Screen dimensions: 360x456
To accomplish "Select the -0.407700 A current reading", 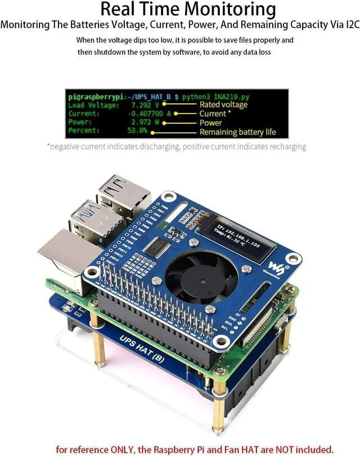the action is click(x=147, y=113).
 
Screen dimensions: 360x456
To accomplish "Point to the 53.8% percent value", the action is click(x=137, y=131).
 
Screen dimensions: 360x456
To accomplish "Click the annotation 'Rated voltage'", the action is click(x=223, y=105).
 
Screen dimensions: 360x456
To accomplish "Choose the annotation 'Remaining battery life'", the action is click(x=238, y=132).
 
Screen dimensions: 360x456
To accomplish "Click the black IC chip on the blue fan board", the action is click(x=163, y=248).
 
